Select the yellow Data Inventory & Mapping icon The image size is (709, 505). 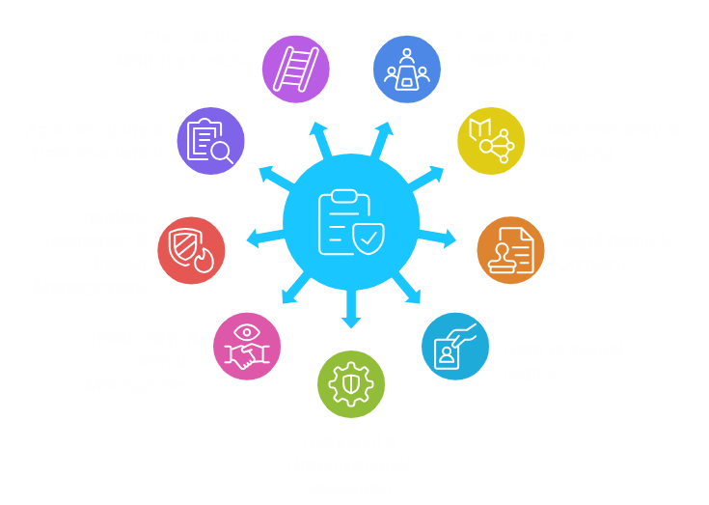point(491,141)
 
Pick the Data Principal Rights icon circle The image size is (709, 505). point(455,345)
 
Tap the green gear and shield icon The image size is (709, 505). point(351,383)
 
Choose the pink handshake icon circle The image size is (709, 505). point(247,346)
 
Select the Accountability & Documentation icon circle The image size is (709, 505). point(211,141)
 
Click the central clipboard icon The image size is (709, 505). point(351,221)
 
